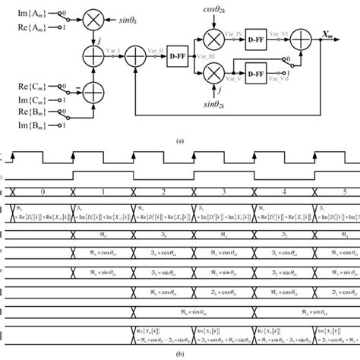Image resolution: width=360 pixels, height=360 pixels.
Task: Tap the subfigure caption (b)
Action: click(x=180, y=354)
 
